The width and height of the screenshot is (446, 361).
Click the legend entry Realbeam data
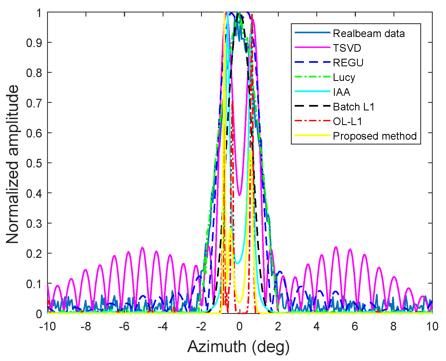click(x=369, y=34)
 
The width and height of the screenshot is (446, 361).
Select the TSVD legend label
click(x=347, y=48)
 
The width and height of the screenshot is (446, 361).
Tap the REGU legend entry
click(x=348, y=63)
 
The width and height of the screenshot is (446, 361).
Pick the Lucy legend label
click(x=344, y=77)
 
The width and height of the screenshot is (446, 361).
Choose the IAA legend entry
click(x=342, y=92)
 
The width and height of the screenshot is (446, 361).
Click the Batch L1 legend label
click(x=354, y=107)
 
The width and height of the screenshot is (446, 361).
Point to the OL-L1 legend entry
click(x=347, y=122)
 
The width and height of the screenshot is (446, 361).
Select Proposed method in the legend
click(x=375, y=136)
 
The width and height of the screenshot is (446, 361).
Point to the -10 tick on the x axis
click(x=48, y=326)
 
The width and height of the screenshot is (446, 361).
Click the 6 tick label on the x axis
click(x=355, y=326)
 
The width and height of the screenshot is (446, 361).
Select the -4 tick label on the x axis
click(x=163, y=326)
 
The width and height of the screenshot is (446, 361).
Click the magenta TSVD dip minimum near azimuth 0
click(x=239, y=195)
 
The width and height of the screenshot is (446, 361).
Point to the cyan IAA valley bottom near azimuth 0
click(x=238, y=263)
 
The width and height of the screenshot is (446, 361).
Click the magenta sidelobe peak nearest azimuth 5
click(x=336, y=247)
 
